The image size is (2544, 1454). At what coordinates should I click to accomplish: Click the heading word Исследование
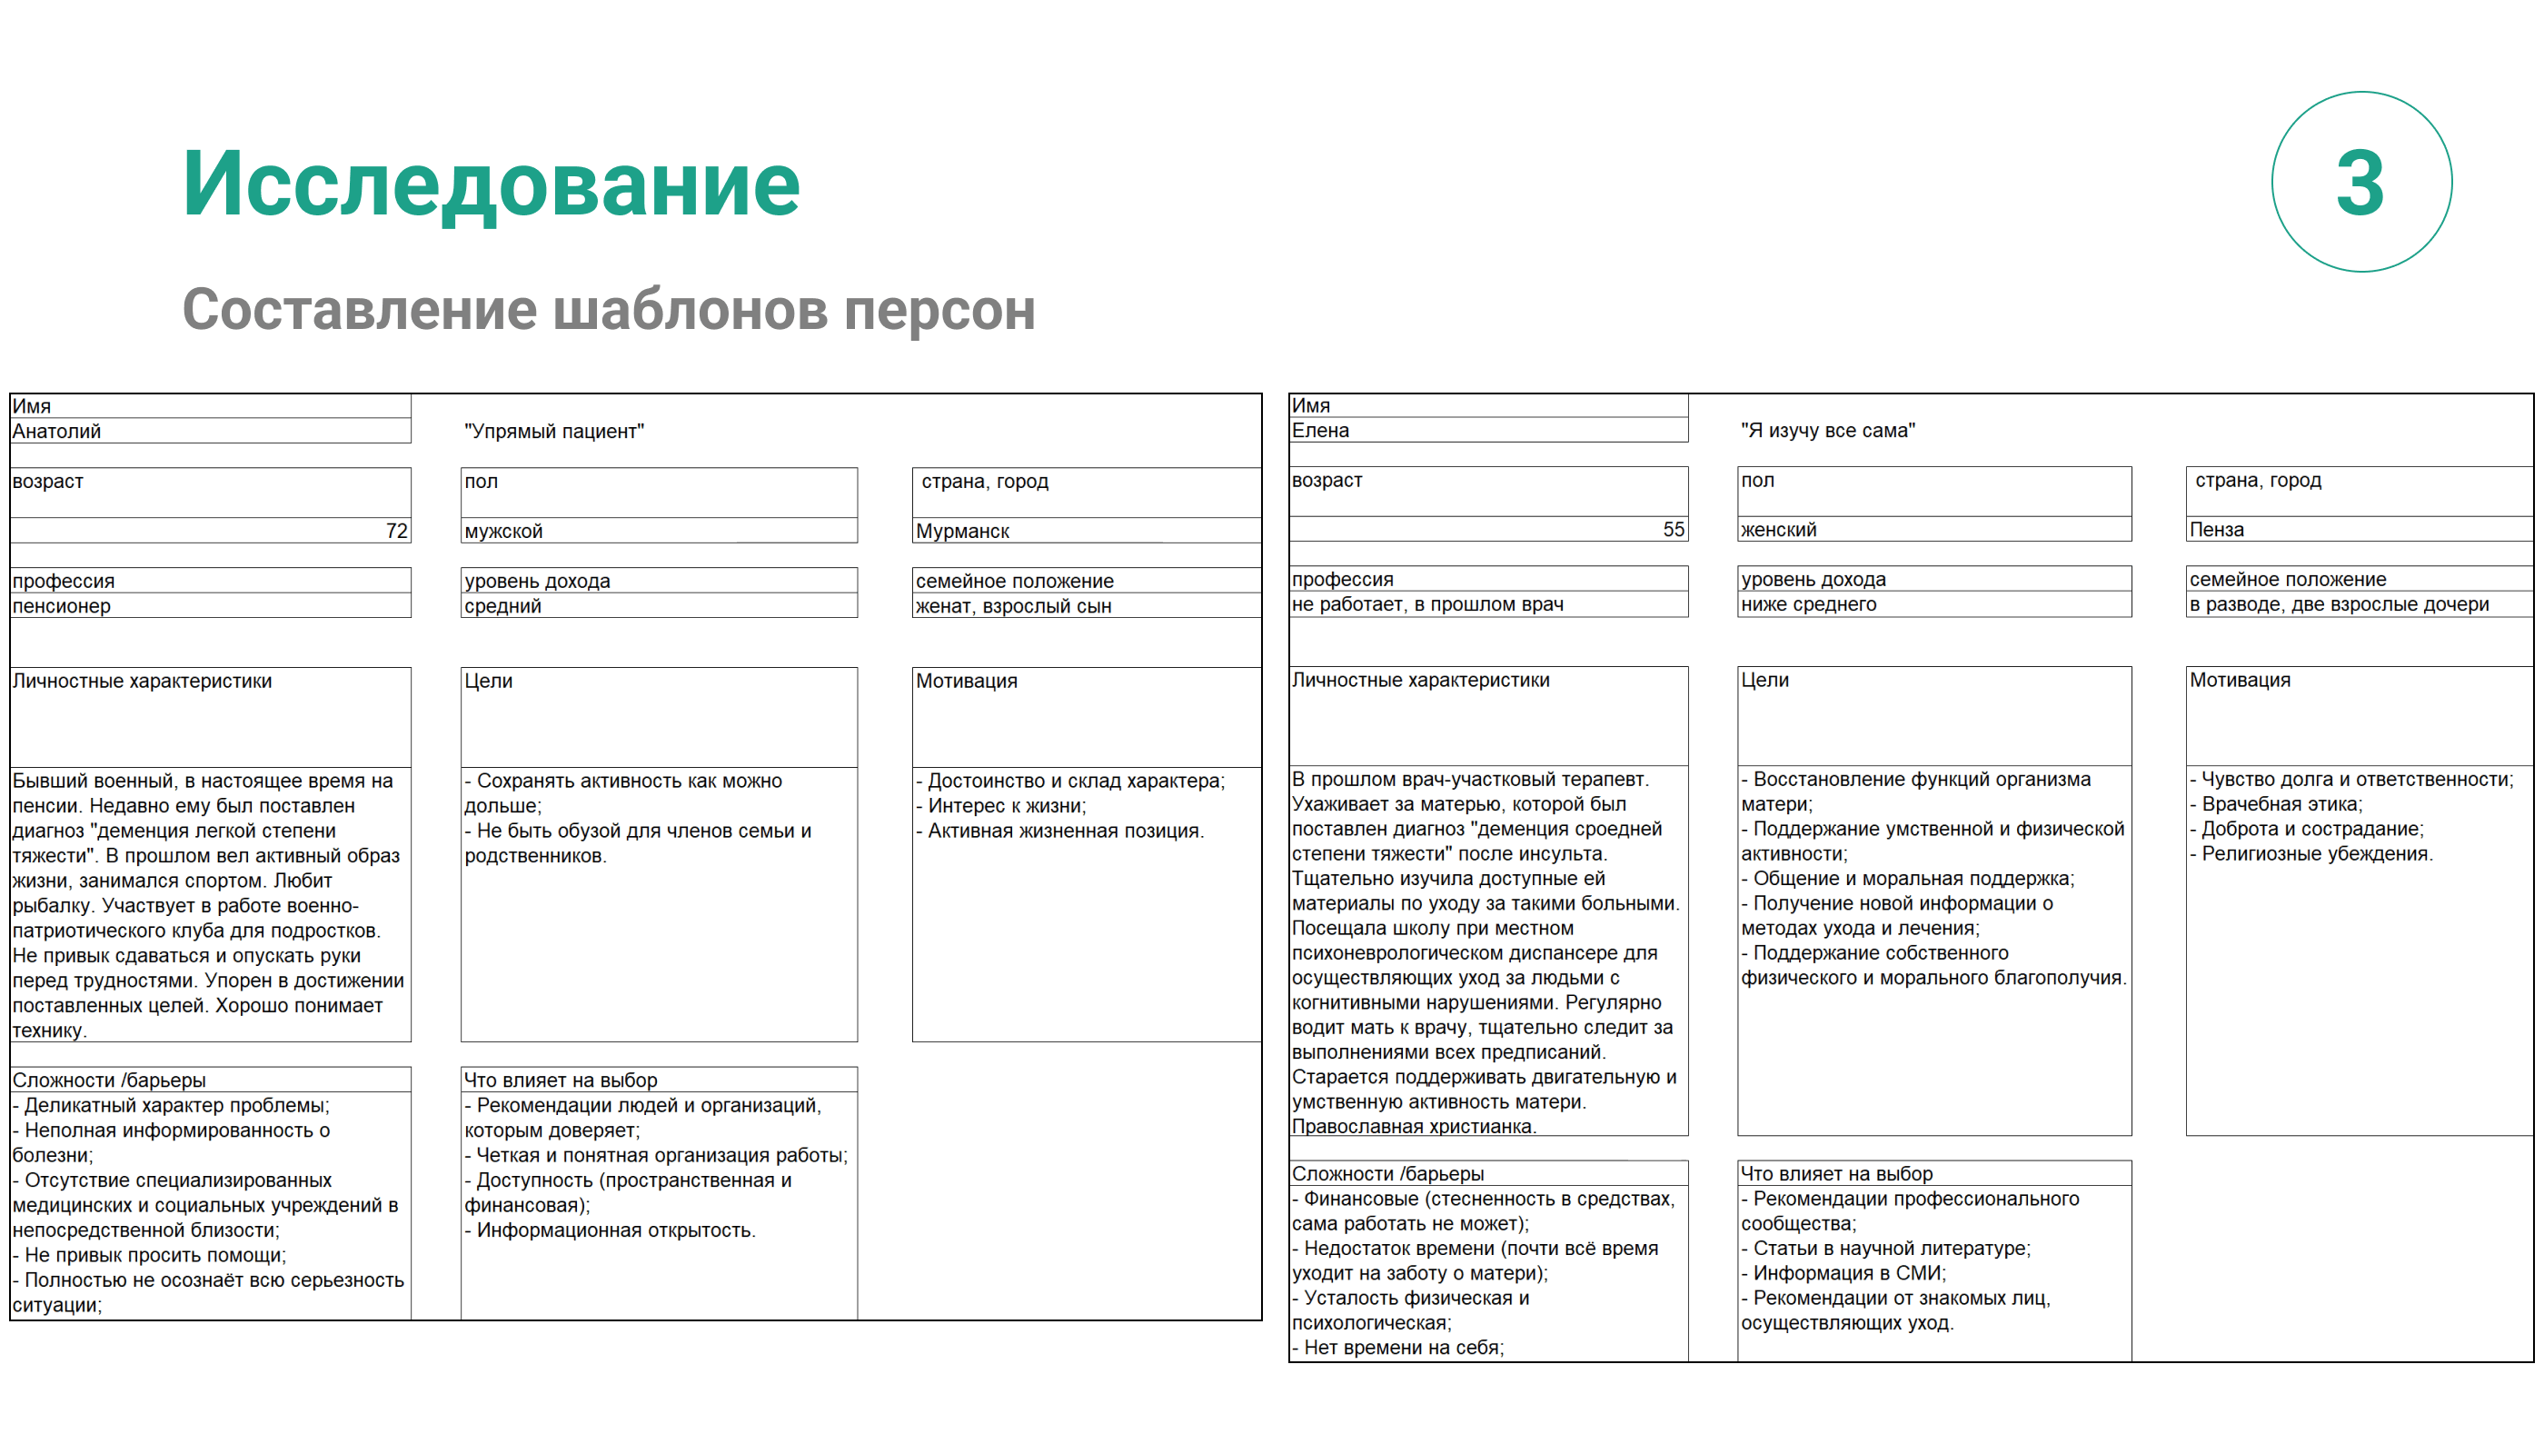point(491,184)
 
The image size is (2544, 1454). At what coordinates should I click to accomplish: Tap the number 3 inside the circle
point(2360,183)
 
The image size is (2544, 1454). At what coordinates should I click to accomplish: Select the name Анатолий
point(57,432)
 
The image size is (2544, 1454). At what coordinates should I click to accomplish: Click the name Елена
point(1320,431)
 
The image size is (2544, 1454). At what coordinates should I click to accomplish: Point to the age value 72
point(396,532)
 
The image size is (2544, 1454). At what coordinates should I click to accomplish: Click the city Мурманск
point(962,532)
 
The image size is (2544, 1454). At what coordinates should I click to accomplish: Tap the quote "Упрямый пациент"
point(554,432)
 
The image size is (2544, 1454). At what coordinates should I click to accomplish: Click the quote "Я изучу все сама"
point(1827,431)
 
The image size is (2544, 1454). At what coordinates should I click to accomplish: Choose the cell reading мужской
point(503,532)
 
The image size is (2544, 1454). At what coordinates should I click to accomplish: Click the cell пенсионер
point(62,606)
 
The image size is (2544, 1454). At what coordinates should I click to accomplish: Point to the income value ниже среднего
point(1808,604)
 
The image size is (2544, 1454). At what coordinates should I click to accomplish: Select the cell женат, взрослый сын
point(1012,606)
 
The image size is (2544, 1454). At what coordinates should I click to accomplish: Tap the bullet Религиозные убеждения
point(2315,854)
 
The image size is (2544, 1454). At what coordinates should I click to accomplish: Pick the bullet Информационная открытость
point(614,1230)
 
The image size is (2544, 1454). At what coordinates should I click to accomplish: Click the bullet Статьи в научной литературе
point(1890,1249)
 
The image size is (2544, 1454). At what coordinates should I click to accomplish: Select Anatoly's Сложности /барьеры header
point(109,1081)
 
